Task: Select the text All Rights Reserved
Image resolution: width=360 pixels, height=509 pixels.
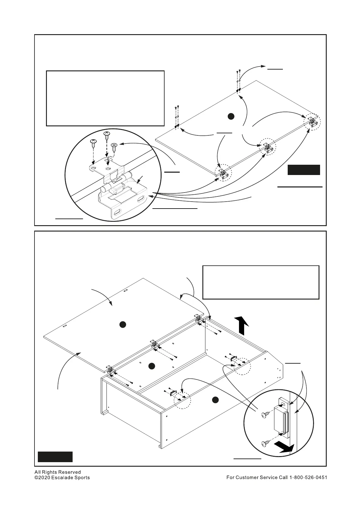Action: (57, 472)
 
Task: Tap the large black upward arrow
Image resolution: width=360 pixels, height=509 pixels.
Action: (242, 325)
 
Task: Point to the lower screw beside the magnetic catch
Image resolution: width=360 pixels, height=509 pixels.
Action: (265, 443)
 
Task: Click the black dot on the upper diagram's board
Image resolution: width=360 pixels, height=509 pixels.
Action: (231, 116)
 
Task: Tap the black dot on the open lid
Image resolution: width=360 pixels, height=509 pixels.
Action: (122, 325)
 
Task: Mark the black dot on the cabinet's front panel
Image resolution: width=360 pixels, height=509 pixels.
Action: (215, 400)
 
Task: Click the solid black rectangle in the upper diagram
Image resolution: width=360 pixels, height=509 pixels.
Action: (303, 170)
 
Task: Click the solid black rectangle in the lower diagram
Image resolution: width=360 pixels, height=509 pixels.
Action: (55, 456)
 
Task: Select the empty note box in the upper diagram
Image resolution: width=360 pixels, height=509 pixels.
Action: (105, 98)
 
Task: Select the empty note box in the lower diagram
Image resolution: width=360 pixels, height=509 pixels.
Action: (260, 282)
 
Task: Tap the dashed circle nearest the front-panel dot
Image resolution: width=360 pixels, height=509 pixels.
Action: (182, 401)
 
